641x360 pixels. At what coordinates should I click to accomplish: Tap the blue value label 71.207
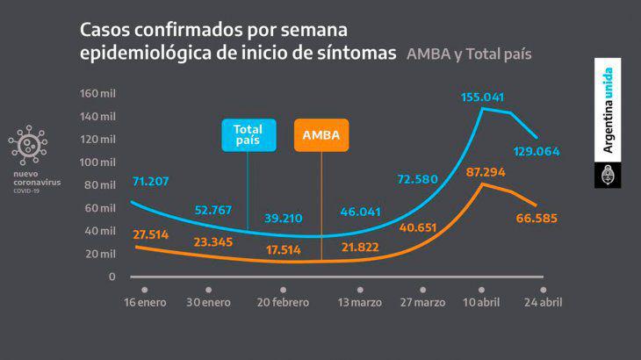pyautogui.click(x=150, y=182)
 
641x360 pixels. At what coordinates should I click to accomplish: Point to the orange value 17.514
pyautogui.click(x=283, y=249)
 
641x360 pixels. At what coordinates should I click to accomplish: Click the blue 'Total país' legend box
pyautogui.click(x=248, y=135)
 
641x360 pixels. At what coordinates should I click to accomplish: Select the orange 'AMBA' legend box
pyautogui.click(x=320, y=135)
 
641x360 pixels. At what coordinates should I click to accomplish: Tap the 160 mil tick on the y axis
pyautogui.click(x=97, y=94)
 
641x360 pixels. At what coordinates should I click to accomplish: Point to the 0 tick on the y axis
pyautogui.click(x=112, y=277)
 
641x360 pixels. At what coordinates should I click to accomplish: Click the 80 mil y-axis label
pyautogui.click(x=99, y=185)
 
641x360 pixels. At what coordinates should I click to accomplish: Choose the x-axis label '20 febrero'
pyautogui.click(x=283, y=303)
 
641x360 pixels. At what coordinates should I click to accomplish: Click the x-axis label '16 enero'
pyautogui.click(x=144, y=303)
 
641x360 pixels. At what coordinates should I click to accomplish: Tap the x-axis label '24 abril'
pyautogui.click(x=542, y=303)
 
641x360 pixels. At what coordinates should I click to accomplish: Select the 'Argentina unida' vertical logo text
pyautogui.click(x=608, y=110)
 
